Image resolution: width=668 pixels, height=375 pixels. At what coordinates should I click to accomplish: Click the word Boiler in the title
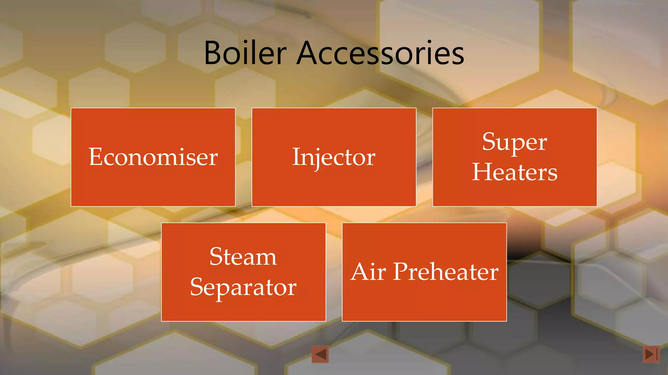pyautogui.click(x=245, y=53)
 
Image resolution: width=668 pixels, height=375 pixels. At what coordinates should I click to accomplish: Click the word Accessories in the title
pyautogui.click(x=380, y=53)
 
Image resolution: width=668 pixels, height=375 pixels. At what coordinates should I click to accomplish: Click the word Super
pyautogui.click(x=514, y=142)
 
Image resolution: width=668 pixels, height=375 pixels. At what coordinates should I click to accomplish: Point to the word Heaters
pyautogui.click(x=515, y=172)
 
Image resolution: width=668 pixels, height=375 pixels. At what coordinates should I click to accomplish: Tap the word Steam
pyautogui.click(x=243, y=257)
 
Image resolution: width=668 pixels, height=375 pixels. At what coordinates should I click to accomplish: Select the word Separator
pyautogui.click(x=243, y=287)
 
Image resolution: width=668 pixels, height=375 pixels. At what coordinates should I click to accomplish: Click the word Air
pyautogui.click(x=368, y=271)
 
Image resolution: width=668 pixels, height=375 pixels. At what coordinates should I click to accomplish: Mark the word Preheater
pyautogui.click(x=446, y=271)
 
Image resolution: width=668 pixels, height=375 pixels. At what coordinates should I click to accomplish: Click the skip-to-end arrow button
pyautogui.click(x=651, y=354)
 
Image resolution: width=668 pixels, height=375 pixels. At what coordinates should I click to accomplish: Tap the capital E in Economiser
pyautogui.click(x=96, y=157)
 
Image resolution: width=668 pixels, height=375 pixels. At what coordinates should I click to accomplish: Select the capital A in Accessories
pyautogui.click(x=309, y=53)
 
